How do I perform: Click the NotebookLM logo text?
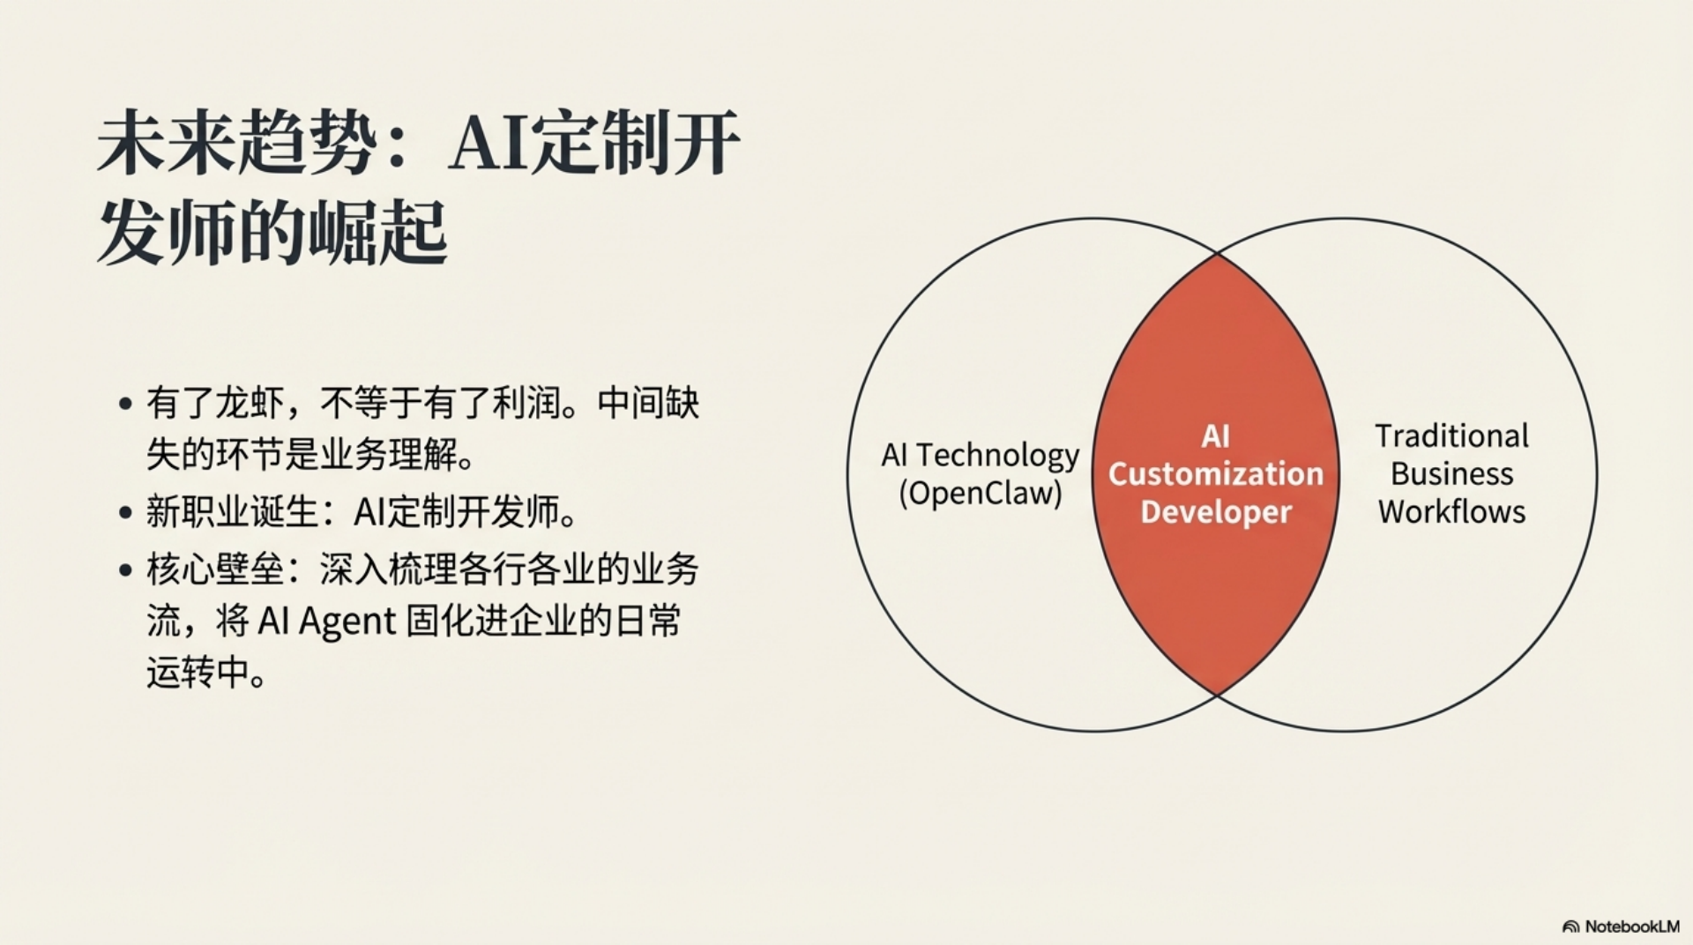pos(1632,926)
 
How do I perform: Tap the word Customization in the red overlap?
pos(1216,474)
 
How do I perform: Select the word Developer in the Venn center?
pos(1216,512)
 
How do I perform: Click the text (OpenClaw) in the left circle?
pos(981,493)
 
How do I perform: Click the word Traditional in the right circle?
pos(1451,436)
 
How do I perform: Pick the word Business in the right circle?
pos(1451,474)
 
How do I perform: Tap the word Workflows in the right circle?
pos(1451,512)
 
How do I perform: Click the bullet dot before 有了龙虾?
pos(125,405)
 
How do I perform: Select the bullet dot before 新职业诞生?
pos(125,513)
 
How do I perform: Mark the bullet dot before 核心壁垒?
pos(125,570)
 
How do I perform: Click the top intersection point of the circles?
pos(1218,254)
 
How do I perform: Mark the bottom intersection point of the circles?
pos(1218,696)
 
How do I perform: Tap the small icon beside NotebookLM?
pos(1570,927)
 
